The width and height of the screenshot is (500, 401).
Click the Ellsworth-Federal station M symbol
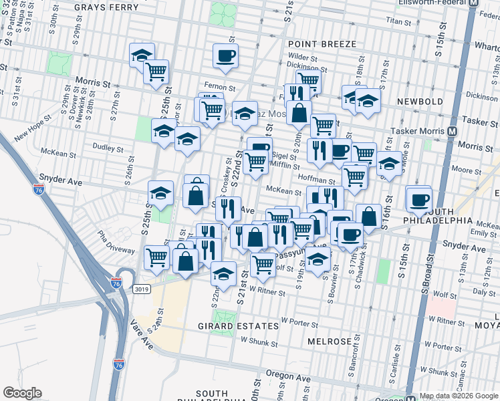click(x=475, y=3)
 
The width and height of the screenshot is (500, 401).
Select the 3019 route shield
click(x=142, y=289)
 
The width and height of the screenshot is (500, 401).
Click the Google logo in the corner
click(x=22, y=393)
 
